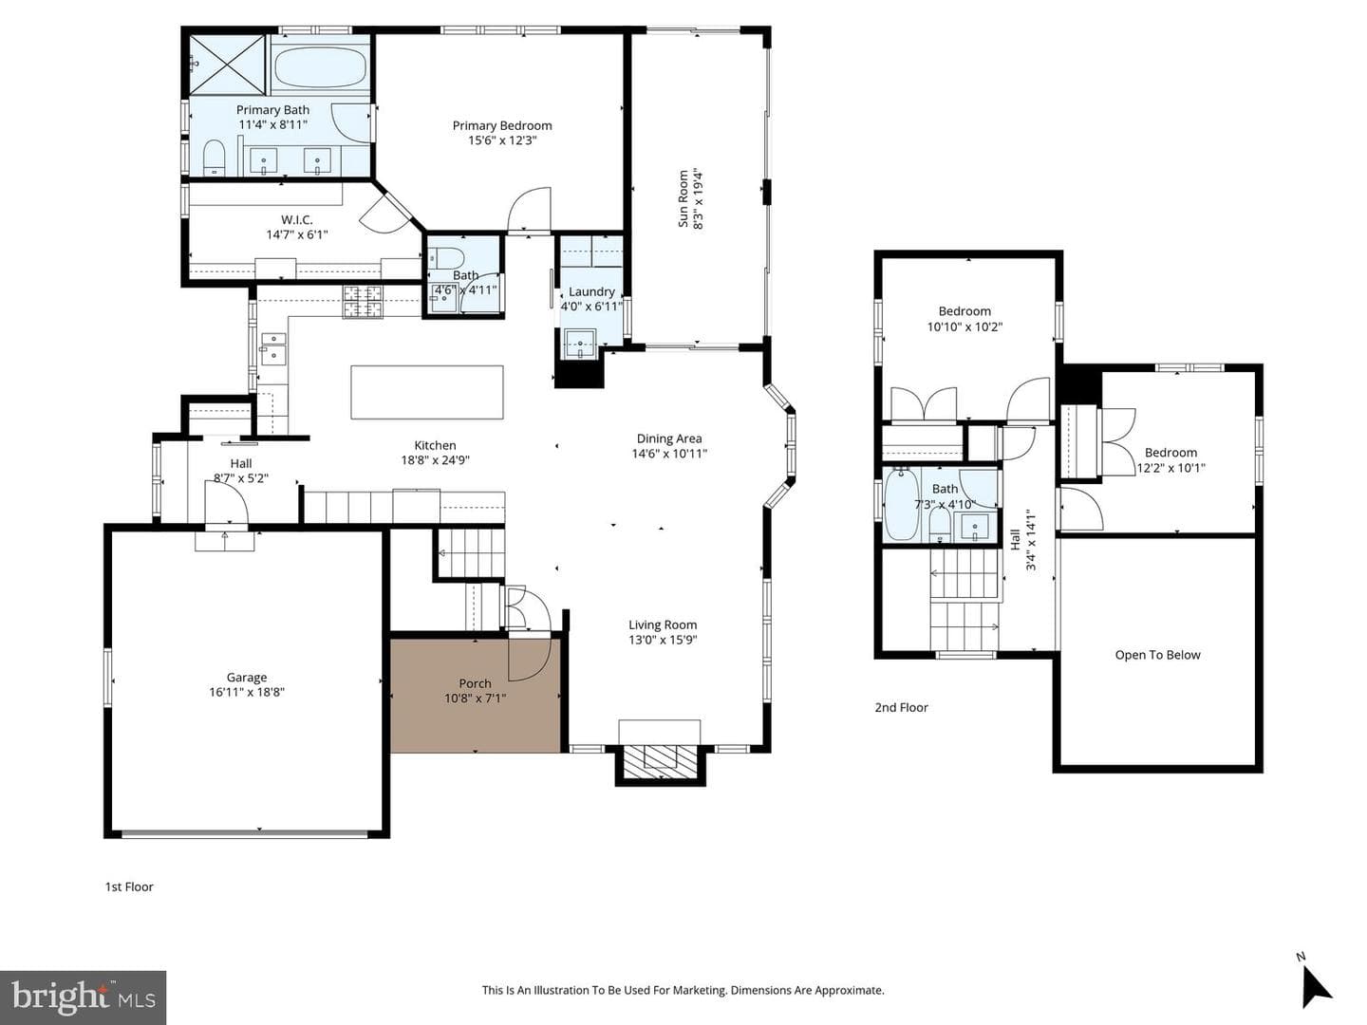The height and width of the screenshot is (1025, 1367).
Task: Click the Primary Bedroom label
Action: [502, 125]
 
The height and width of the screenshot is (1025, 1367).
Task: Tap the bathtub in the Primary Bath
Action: [320, 67]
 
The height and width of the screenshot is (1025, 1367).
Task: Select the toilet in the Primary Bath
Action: [214, 158]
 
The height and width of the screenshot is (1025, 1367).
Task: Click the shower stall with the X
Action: [228, 65]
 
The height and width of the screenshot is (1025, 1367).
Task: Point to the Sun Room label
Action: [683, 198]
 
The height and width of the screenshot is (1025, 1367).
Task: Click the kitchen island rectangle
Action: [427, 392]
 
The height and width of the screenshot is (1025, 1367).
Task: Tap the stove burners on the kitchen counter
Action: [363, 301]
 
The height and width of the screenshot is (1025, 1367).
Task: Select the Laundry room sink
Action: [580, 345]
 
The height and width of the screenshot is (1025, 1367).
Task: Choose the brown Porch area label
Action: [476, 683]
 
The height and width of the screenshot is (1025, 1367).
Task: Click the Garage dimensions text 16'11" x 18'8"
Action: [247, 692]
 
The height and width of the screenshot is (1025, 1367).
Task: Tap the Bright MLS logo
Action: [83, 996]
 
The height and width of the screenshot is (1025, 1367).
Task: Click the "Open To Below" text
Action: [1158, 655]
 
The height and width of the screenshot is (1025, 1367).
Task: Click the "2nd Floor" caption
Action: [901, 708]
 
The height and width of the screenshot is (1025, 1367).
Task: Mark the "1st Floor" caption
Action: [129, 886]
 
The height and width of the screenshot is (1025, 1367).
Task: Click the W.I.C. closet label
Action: [297, 219]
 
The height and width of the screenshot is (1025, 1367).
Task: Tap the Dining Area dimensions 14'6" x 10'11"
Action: [669, 454]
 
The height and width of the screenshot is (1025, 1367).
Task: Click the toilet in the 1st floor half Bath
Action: [447, 256]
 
